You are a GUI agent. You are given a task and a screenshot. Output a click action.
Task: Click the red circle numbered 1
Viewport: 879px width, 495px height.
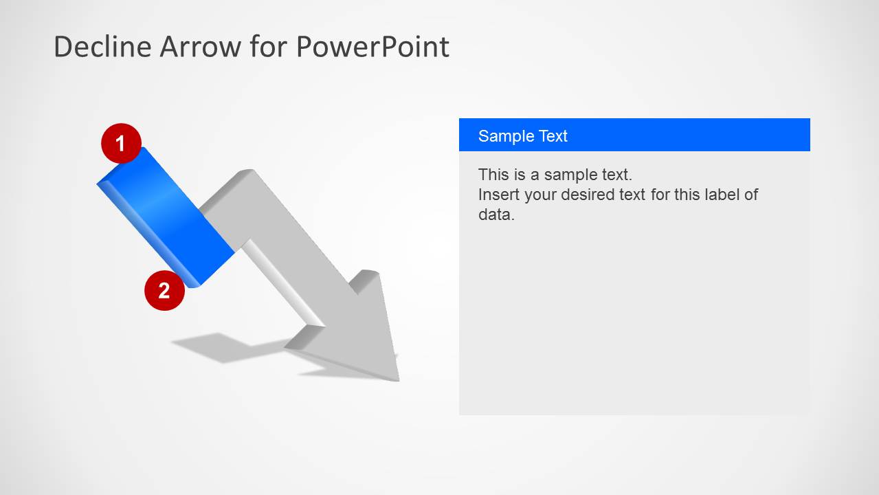point(121,143)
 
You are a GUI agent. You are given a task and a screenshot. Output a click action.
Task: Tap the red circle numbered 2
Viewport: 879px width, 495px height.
point(164,291)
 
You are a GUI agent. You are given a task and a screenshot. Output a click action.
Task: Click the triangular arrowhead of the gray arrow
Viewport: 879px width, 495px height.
point(353,333)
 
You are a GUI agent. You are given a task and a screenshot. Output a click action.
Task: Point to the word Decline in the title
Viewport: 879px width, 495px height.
point(103,47)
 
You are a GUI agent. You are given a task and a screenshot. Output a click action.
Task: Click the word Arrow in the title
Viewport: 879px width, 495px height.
point(200,47)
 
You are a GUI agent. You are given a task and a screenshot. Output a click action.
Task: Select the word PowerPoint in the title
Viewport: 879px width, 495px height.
point(372,47)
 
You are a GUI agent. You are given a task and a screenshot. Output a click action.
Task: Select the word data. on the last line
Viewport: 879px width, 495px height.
point(496,214)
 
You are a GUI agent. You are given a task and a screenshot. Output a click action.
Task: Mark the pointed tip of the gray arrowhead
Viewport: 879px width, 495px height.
point(399,380)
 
